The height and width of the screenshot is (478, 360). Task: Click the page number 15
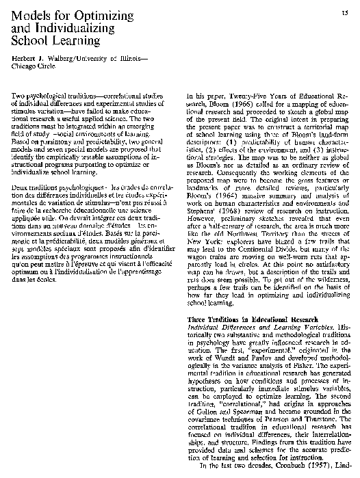coord(348,14)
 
